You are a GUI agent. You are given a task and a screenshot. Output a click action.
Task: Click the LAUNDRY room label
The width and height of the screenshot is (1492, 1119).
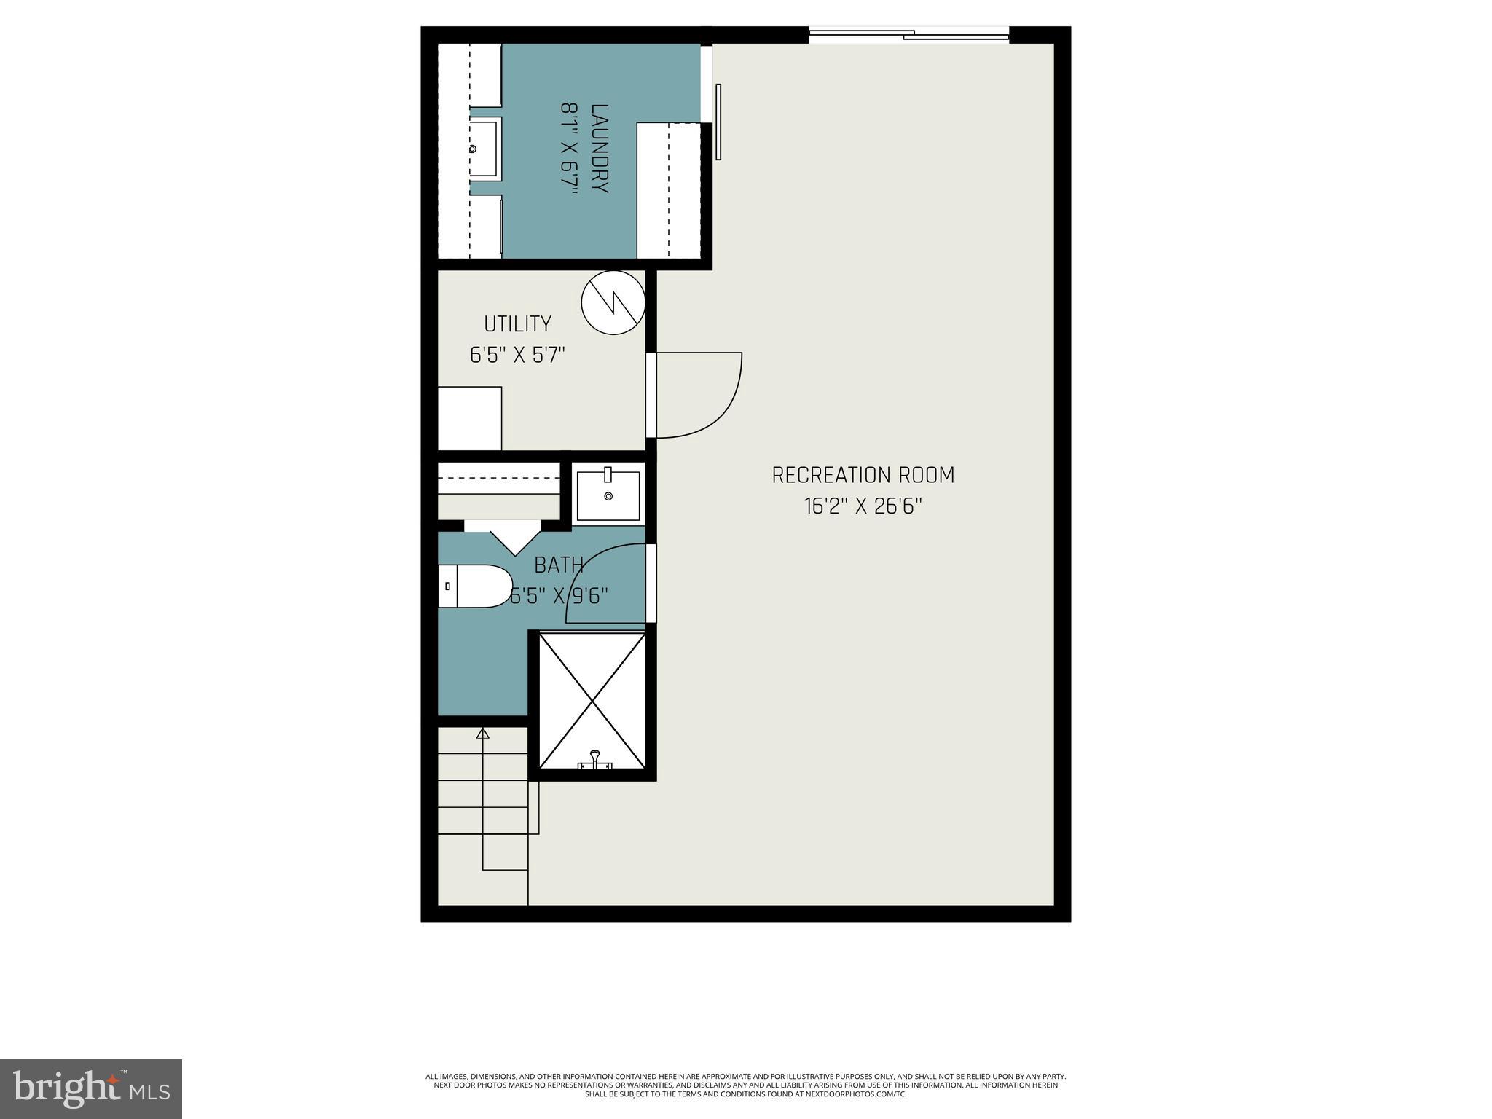(x=600, y=148)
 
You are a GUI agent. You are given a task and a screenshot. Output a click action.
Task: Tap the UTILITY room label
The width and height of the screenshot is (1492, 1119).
(x=517, y=323)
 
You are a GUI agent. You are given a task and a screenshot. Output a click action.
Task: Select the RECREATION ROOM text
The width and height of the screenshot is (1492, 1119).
(x=863, y=475)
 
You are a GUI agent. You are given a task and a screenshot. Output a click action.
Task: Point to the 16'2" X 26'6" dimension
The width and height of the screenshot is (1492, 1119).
(x=863, y=506)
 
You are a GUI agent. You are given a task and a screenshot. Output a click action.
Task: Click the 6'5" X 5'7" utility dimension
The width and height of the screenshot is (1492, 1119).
(x=517, y=356)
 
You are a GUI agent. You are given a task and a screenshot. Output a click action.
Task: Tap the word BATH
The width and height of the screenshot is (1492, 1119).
(x=559, y=565)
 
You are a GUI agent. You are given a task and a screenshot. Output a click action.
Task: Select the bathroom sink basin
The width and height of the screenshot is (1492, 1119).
(x=608, y=496)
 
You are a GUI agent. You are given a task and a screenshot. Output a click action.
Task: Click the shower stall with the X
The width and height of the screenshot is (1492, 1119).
(x=592, y=699)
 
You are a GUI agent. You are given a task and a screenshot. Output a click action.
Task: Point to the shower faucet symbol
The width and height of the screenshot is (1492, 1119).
(x=595, y=760)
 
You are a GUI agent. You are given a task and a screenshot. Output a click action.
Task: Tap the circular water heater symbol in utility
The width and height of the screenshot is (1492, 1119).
(x=613, y=302)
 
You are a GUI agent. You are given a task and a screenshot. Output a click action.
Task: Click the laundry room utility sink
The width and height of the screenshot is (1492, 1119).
(x=484, y=149)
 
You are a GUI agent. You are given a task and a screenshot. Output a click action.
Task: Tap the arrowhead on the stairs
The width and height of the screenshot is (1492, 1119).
(x=482, y=733)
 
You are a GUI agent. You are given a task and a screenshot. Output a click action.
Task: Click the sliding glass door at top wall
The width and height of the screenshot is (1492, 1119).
(x=908, y=34)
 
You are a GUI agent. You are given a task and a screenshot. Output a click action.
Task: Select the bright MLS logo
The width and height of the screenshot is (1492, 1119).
(x=90, y=1088)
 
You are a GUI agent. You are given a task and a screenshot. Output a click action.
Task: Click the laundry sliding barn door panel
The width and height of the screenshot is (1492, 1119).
(x=718, y=122)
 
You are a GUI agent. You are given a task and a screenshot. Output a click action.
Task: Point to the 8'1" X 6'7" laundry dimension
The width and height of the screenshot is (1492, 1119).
(x=568, y=148)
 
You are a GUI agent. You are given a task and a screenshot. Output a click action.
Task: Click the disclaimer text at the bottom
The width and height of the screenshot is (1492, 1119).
(x=745, y=1105)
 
